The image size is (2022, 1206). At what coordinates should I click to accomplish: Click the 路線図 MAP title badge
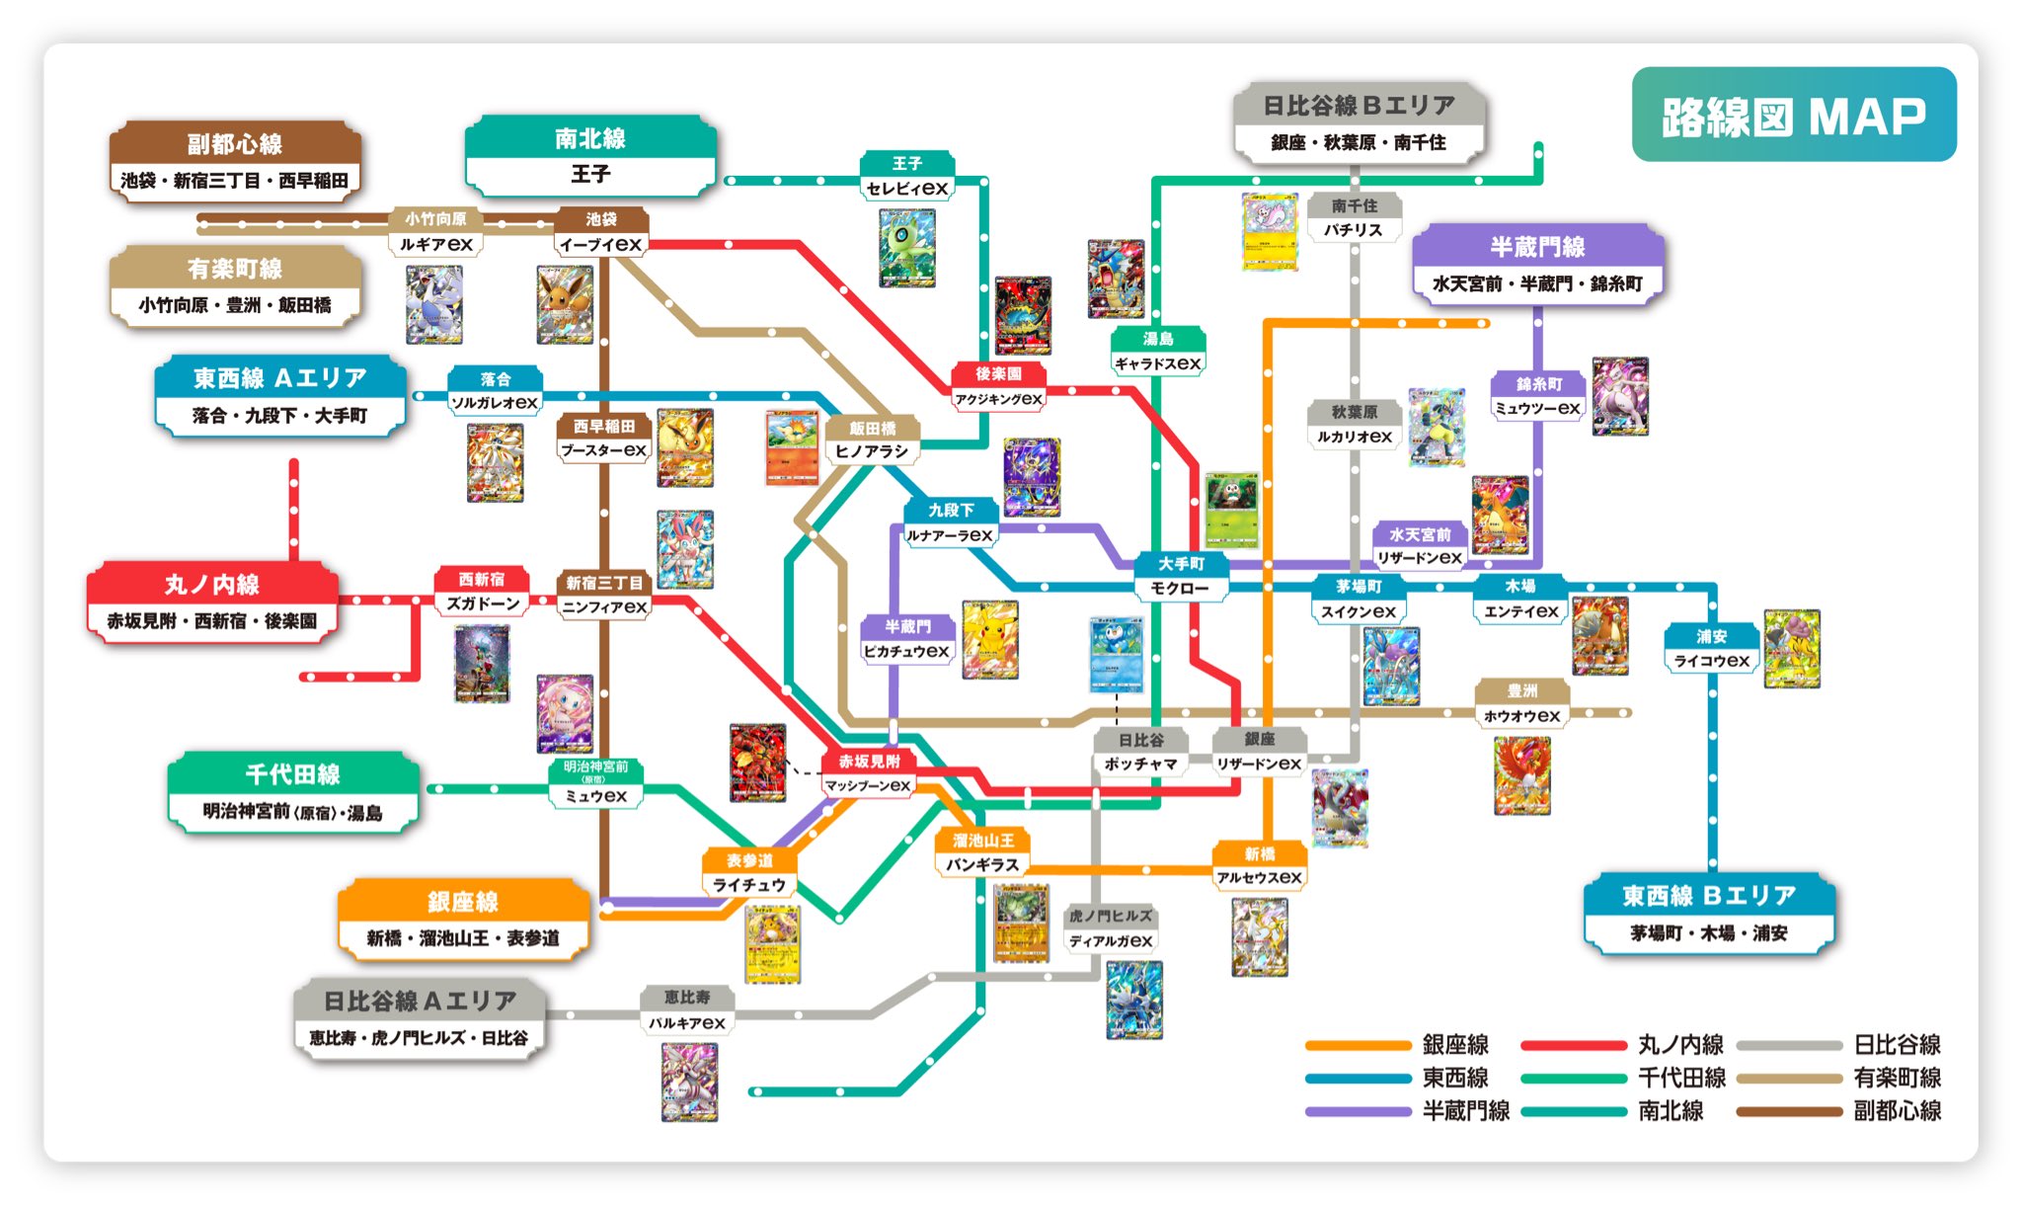pyautogui.click(x=1793, y=115)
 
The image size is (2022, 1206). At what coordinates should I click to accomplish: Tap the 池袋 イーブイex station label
pyautogui.click(x=600, y=233)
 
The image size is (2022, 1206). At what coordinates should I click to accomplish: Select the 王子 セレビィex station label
pyautogui.click(x=906, y=177)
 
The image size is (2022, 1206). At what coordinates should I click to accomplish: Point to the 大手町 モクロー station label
pyautogui.click(x=1180, y=577)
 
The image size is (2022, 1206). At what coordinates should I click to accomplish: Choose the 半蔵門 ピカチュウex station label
pyautogui.click(x=906, y=640)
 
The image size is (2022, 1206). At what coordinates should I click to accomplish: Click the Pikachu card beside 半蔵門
pyautogui.click(x=989, y=639)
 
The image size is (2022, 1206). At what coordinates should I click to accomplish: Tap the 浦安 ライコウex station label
pyautogui.click(x=1711, y=649)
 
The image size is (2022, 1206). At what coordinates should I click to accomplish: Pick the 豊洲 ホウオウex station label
pyautogui.click(x=1521, y=704)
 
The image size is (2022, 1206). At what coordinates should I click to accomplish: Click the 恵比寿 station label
pyautogui.click(x=687, y=1010)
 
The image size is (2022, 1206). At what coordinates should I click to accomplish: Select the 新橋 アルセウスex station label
pyautogui.click(x=1259, y=866)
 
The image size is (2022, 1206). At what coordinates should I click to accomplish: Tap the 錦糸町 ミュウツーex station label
pyautogui.click(x=1538, y=397)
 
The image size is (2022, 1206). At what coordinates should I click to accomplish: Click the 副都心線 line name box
pyautogui.click(x=235, y=161)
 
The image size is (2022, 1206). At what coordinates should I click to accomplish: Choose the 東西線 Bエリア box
pyautogui.click(x=1708, y=914)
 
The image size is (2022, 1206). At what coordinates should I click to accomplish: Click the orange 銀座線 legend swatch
pyautogui.click(x=1358, y=1045)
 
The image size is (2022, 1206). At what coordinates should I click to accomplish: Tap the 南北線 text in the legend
pyautogui.click(x=1671, y=1111)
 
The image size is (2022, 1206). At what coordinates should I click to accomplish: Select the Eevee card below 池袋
pyautogui.click(x=565, y=304)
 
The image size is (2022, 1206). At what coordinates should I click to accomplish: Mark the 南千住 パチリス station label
pyautogui.click(x=1354, y=218)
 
